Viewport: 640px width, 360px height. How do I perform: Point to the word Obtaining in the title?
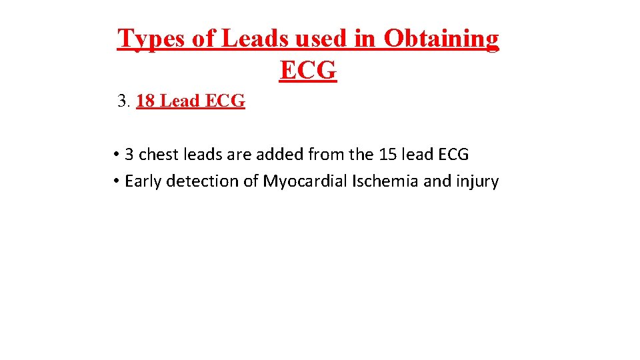441,39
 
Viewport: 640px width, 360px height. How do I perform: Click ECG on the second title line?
308,70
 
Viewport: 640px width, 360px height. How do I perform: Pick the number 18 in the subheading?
146,101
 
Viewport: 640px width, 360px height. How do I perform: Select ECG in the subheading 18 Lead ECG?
225,101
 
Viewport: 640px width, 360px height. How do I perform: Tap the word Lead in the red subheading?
181,101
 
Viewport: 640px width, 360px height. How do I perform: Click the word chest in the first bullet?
155,155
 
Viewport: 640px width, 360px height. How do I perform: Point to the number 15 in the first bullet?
387,155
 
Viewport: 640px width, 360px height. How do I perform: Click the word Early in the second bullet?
143,181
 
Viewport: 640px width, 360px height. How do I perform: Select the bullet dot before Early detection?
116,181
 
